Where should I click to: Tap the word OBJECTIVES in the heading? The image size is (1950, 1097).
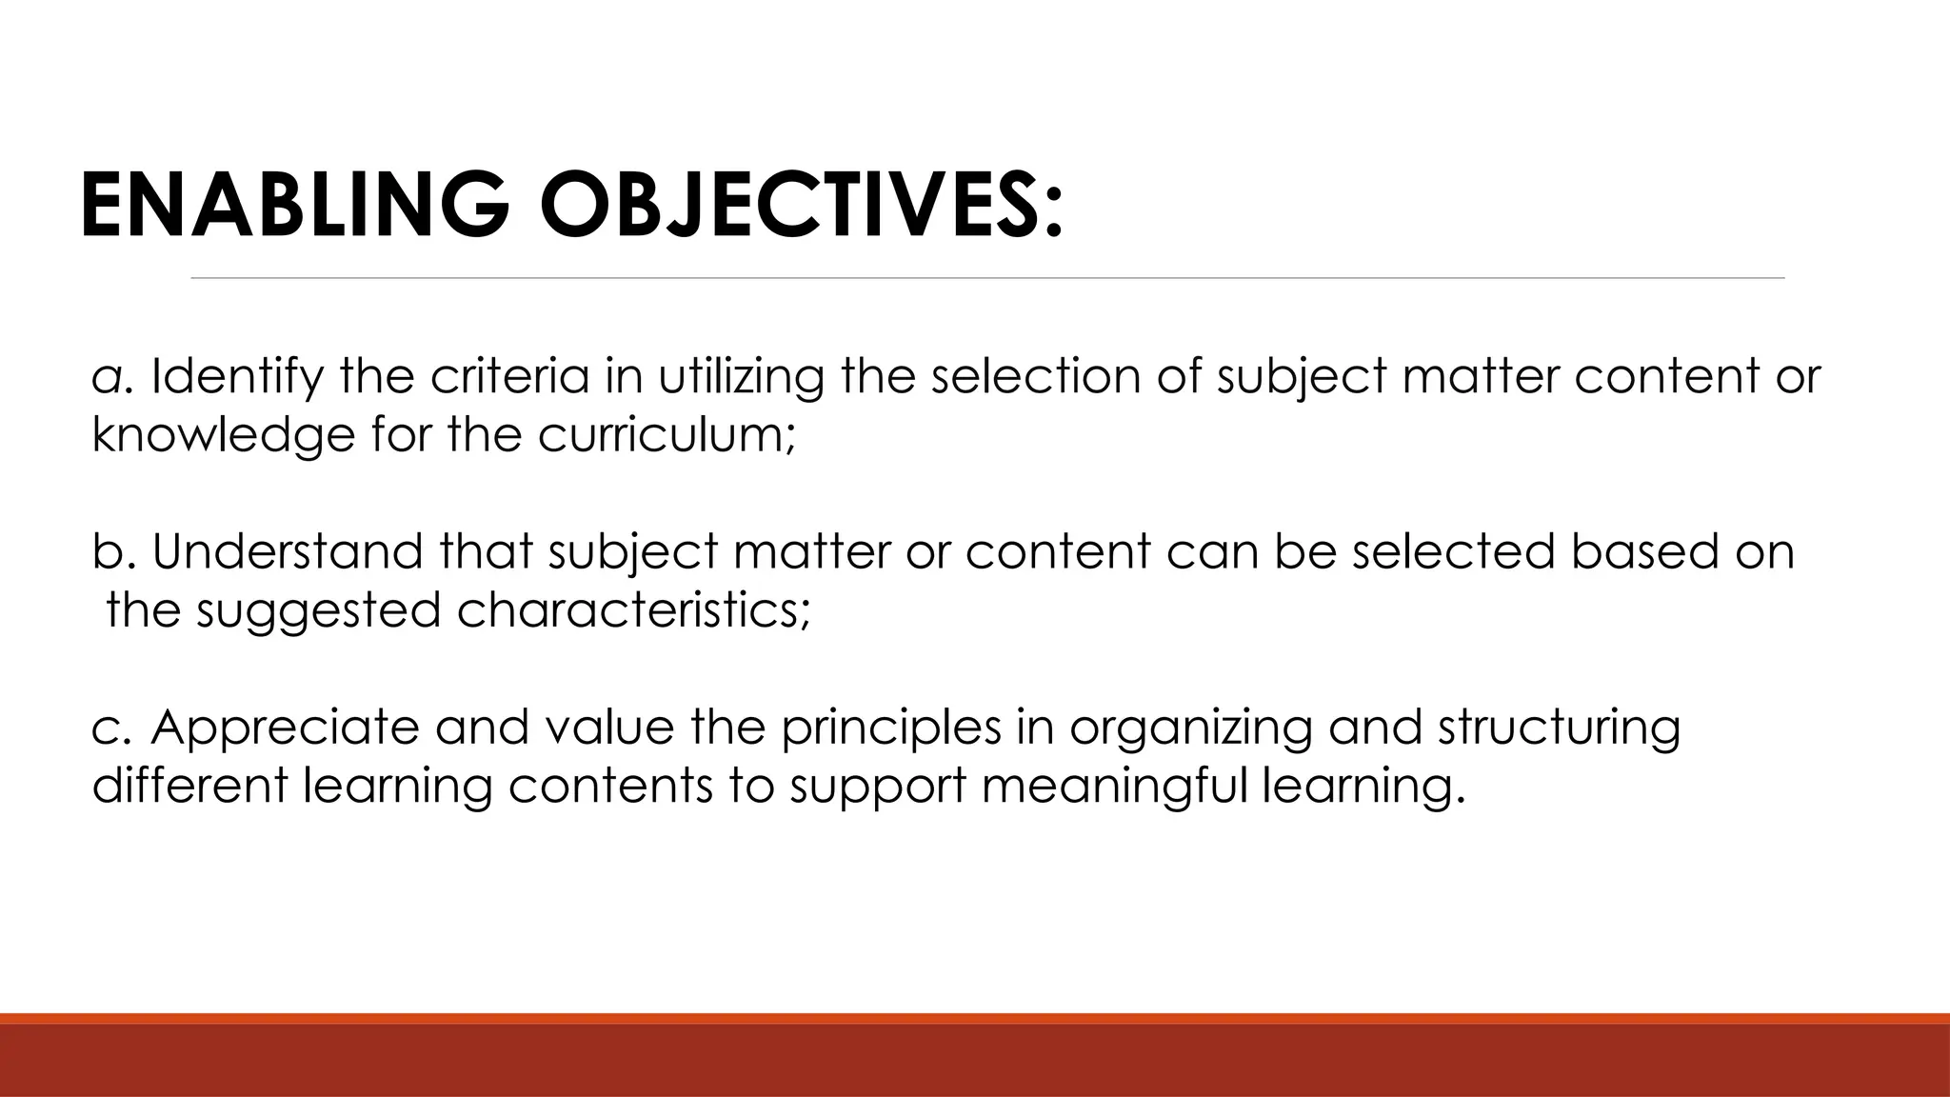[x=799, y=206]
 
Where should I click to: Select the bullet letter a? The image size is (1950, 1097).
[x=106, y=379]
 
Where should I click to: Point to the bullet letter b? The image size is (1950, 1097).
[x=106, y=551]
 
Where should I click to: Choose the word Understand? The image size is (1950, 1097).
[x=287, y=551]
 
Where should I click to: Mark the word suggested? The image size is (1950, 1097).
[x=318, y=610]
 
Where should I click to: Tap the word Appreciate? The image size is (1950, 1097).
[x=285, y=728]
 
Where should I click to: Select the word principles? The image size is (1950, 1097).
[x=891, y=728]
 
